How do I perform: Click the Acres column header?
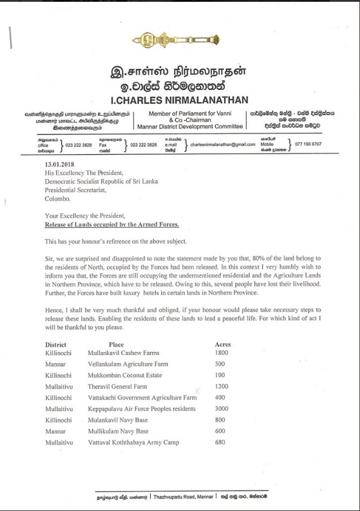pos(223,344)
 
